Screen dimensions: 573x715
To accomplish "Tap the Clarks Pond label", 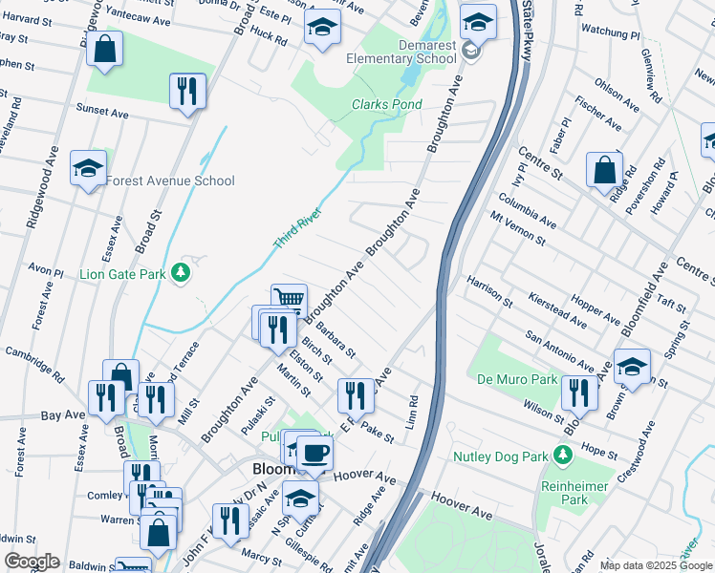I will click(386, 104).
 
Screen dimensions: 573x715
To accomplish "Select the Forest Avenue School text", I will click(170, 180).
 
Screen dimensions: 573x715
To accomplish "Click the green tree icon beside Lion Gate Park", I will click(181, 274).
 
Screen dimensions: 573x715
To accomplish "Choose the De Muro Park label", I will click(516, 379).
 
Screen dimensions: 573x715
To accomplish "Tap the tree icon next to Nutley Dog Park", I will click(561, 456).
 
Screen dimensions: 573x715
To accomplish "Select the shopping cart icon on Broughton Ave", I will click(289, 300).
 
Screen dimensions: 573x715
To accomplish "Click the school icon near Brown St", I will click(630, 366).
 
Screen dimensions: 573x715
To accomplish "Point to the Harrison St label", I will click(489, 291).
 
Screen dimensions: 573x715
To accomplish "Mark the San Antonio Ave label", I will click(561, 350).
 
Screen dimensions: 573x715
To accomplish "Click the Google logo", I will click(32, 562).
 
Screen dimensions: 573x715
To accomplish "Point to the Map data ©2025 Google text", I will click(655, 565).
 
